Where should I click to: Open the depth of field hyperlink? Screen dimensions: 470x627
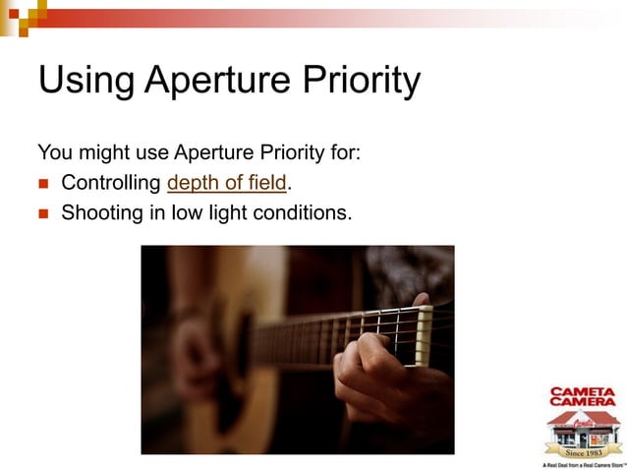[228, 183]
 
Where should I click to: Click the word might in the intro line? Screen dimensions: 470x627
[97, 152]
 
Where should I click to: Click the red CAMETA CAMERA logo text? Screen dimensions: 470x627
[582, 396]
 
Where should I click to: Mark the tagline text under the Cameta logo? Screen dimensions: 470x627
[583, 464]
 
